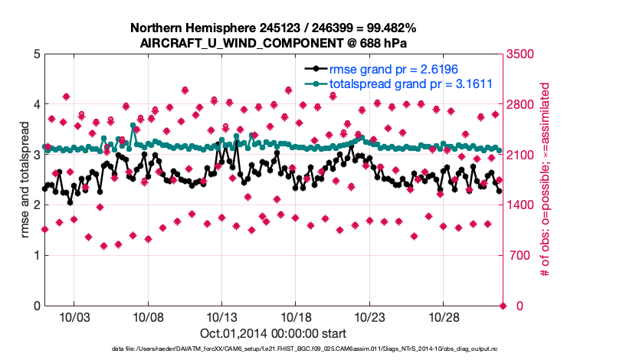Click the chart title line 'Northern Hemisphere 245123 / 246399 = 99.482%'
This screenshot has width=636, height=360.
[274, 28]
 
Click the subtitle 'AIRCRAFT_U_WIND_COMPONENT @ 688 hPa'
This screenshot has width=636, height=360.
[274, 42]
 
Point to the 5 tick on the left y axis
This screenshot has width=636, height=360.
[36, 54]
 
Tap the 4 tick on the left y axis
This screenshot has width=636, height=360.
[36, 105]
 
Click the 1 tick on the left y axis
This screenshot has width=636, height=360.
[36, 256]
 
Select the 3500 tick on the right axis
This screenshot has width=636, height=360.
[520, 54]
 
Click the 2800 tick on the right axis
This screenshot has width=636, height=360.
[520, 105]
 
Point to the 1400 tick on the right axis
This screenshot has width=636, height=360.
[520, 205]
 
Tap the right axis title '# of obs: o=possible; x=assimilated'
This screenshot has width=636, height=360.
[546, 181]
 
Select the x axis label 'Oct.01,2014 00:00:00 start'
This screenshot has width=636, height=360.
[274, 333]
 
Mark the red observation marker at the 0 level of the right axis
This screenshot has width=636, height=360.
[503, 306]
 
